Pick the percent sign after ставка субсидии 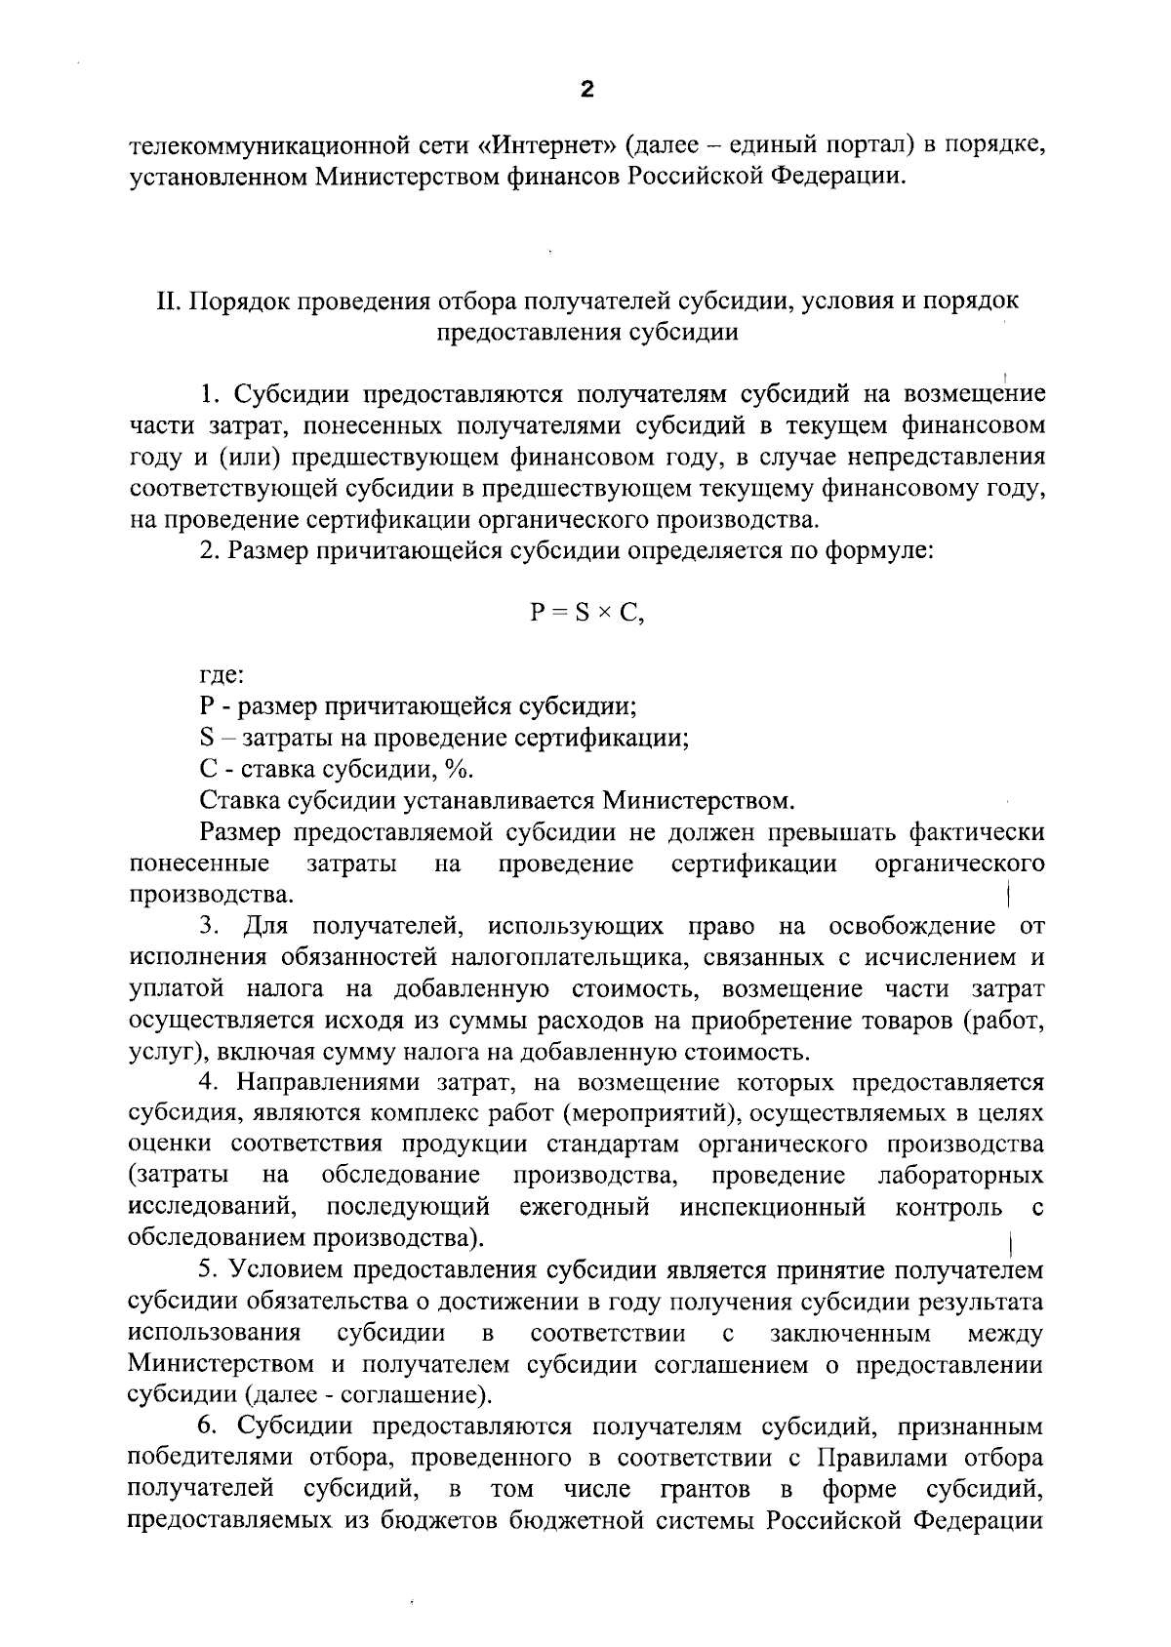pyautogui.click(x=457, y=770)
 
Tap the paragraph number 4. pyautogui.click(x=207, y=1083)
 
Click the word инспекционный pyautogui.click(x=773, y=1208)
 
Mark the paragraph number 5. pyautogui.click(x=206, y=1271)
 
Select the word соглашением pyautogui.click(x=730, y=1365)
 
